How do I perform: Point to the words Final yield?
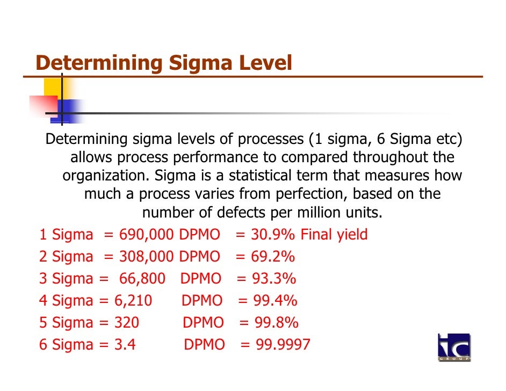(334, 235)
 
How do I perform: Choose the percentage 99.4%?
(276, 300)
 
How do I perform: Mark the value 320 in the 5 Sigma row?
(127, 322)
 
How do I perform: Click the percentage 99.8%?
(277, 322)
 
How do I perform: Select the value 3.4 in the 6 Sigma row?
(125, 344)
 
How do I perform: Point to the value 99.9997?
(283, 344)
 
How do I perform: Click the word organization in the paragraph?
(105, 176)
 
